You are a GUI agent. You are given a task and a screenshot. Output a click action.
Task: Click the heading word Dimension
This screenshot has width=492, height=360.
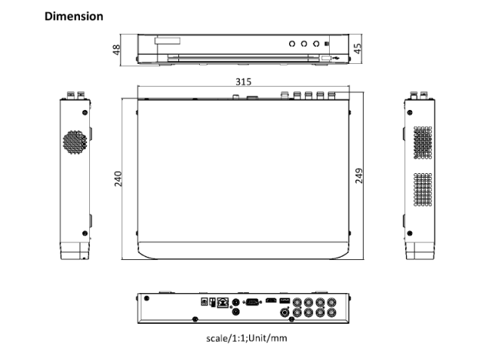click(x=74, y=16)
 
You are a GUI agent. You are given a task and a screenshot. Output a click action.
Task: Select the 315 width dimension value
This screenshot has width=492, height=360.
click(x=245, y=81)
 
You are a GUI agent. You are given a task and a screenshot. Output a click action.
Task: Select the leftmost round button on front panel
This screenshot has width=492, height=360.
click(x=293, y=45)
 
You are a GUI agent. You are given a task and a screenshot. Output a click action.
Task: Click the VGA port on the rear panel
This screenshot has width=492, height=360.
click(x=251, y=303)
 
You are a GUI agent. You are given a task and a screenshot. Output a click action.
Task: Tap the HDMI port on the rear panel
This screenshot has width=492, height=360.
click(x=271, y=301)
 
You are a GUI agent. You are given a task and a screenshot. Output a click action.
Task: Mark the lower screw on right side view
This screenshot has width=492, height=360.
click(x=409, y=232)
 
